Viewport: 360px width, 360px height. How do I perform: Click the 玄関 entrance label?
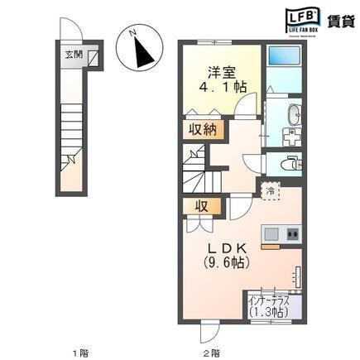click(x=74, y=55)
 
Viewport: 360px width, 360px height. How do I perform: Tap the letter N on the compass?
click(x=131, y=33)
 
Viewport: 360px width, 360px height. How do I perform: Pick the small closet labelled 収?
click(x=200, y=205)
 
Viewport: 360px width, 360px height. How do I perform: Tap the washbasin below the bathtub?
click(x=292, y=118)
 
